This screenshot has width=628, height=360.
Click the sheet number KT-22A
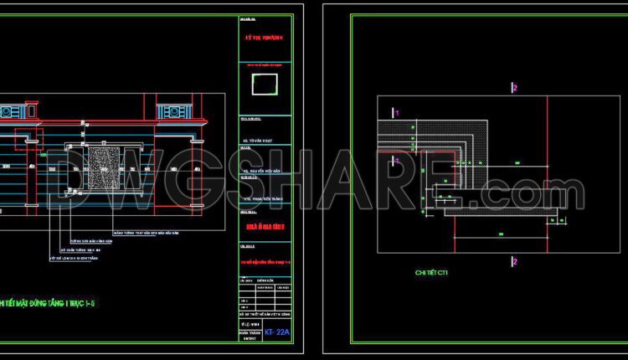(277, 332)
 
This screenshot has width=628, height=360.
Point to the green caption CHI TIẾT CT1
(431, 273)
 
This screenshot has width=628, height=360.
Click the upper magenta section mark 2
(515, 88)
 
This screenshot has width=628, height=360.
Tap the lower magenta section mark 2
(515, 262)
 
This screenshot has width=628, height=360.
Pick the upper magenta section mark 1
(397, 112)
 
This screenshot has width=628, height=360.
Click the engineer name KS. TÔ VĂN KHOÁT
(261, 140)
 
